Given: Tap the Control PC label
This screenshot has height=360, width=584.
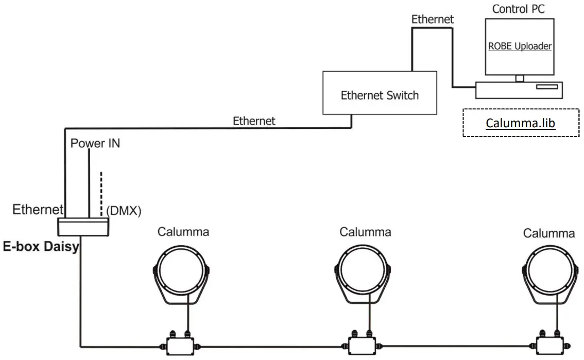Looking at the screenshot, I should tap(518, 8).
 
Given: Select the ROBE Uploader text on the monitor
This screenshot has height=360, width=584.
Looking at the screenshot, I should tap(519, 46).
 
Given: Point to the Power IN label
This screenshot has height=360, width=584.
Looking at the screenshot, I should tap(95, 143).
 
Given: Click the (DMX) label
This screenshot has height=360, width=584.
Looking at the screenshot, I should tap(124, 211).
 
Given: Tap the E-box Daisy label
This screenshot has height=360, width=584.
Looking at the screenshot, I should tap(41, 246).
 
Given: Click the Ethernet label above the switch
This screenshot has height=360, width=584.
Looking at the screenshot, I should tap(432, 19).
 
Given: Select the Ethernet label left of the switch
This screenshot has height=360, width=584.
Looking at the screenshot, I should tap(254, 121).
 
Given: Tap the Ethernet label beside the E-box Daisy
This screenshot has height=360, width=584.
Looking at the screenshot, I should tap(38, 210).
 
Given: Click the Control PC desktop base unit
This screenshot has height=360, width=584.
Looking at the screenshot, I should tap(519, 90).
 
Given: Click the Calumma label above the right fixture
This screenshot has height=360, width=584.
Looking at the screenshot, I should tap(548, 233).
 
